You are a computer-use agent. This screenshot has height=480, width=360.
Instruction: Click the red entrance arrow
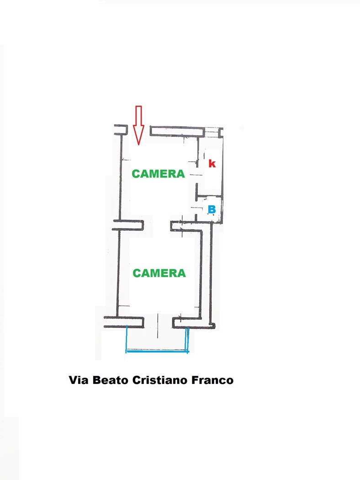point(138,125)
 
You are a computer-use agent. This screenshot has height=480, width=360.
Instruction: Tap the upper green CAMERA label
point(159,174)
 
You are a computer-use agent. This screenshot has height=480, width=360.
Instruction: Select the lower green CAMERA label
point(159,273)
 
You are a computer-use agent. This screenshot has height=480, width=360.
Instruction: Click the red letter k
point(212,164)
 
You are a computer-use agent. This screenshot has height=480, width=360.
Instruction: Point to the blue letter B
point(212,209)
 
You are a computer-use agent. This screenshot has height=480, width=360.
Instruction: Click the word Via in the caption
point(79,380)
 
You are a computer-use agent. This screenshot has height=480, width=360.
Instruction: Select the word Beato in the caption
point(111,380)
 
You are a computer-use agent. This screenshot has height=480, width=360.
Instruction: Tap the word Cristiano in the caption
point(159,380)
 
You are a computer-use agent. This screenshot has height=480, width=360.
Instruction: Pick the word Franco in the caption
point(212,380)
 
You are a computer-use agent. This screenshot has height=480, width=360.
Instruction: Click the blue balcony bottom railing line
point(157,352)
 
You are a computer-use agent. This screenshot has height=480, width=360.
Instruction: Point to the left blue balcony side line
point(127,339)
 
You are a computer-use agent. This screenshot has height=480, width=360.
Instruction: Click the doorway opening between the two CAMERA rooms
point(157,225)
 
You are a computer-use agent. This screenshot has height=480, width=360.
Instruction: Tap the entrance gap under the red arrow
point(138,130)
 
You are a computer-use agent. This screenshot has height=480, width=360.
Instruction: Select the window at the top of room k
point(212,132)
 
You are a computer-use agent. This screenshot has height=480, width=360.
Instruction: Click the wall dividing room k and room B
point(209,195)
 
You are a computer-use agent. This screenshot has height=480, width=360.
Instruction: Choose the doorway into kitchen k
point(197,176)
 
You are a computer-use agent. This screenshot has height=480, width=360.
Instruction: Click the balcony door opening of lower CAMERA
point(158,322)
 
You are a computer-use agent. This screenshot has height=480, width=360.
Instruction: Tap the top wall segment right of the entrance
point(177,131)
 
